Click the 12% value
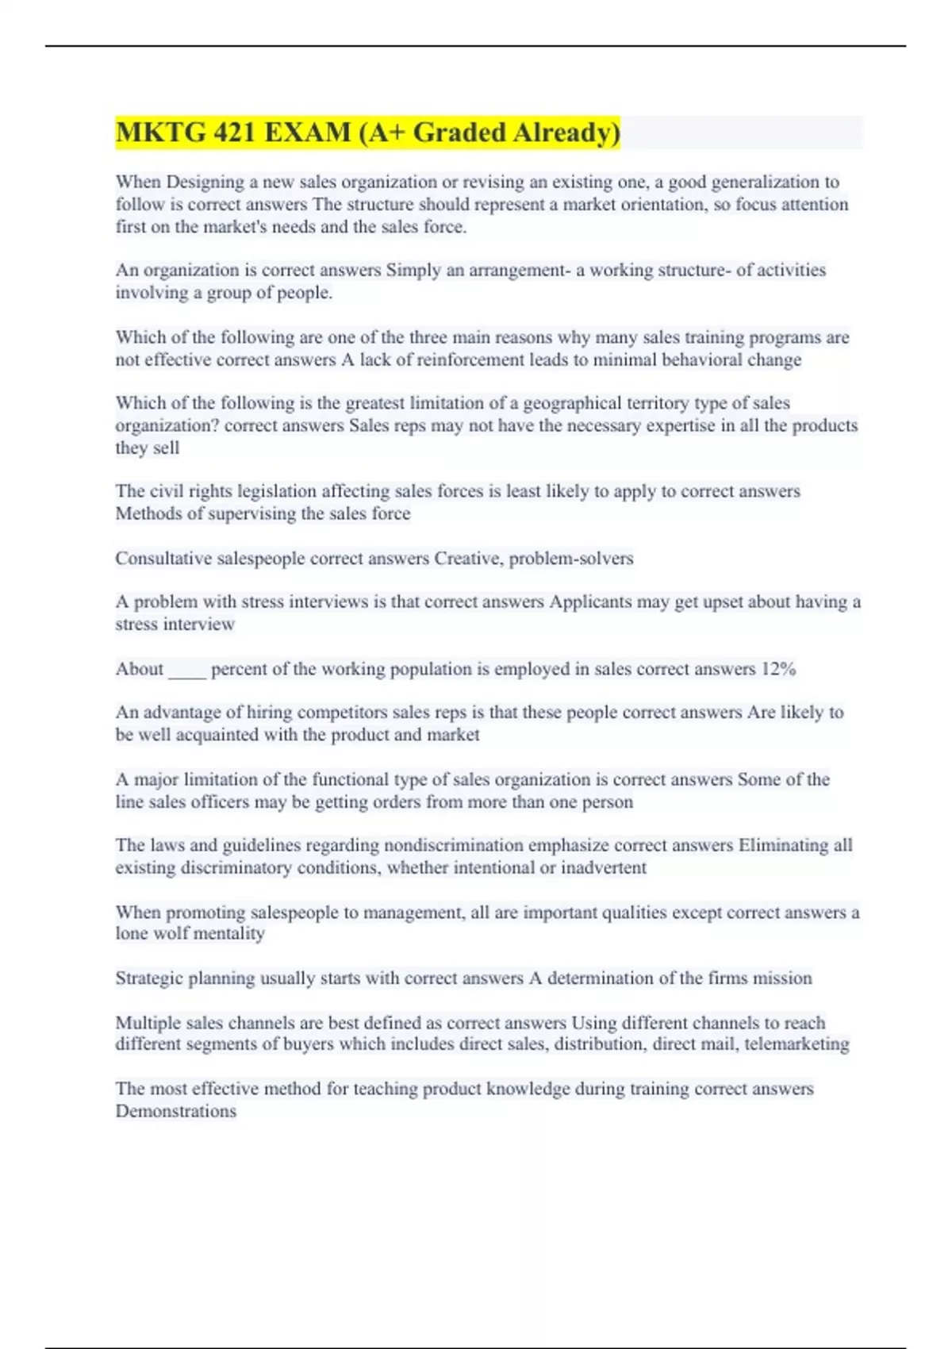point(777,669)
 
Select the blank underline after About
point(187,671)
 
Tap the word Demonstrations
point(176,1111)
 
